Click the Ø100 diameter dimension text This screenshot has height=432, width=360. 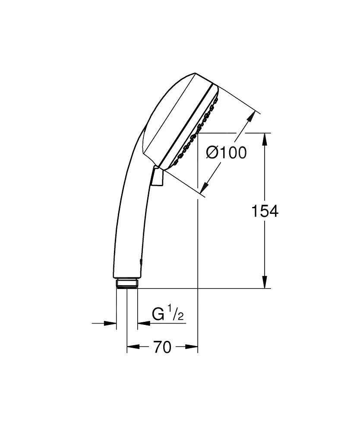click(226, 152)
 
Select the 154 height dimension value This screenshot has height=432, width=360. click(265, 211)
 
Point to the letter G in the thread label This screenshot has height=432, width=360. click(158, 314)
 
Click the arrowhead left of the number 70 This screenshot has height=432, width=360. click(132, 346)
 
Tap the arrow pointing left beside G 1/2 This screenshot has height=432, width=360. click(142, 323)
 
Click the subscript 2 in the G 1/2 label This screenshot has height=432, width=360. click(180, 317)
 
